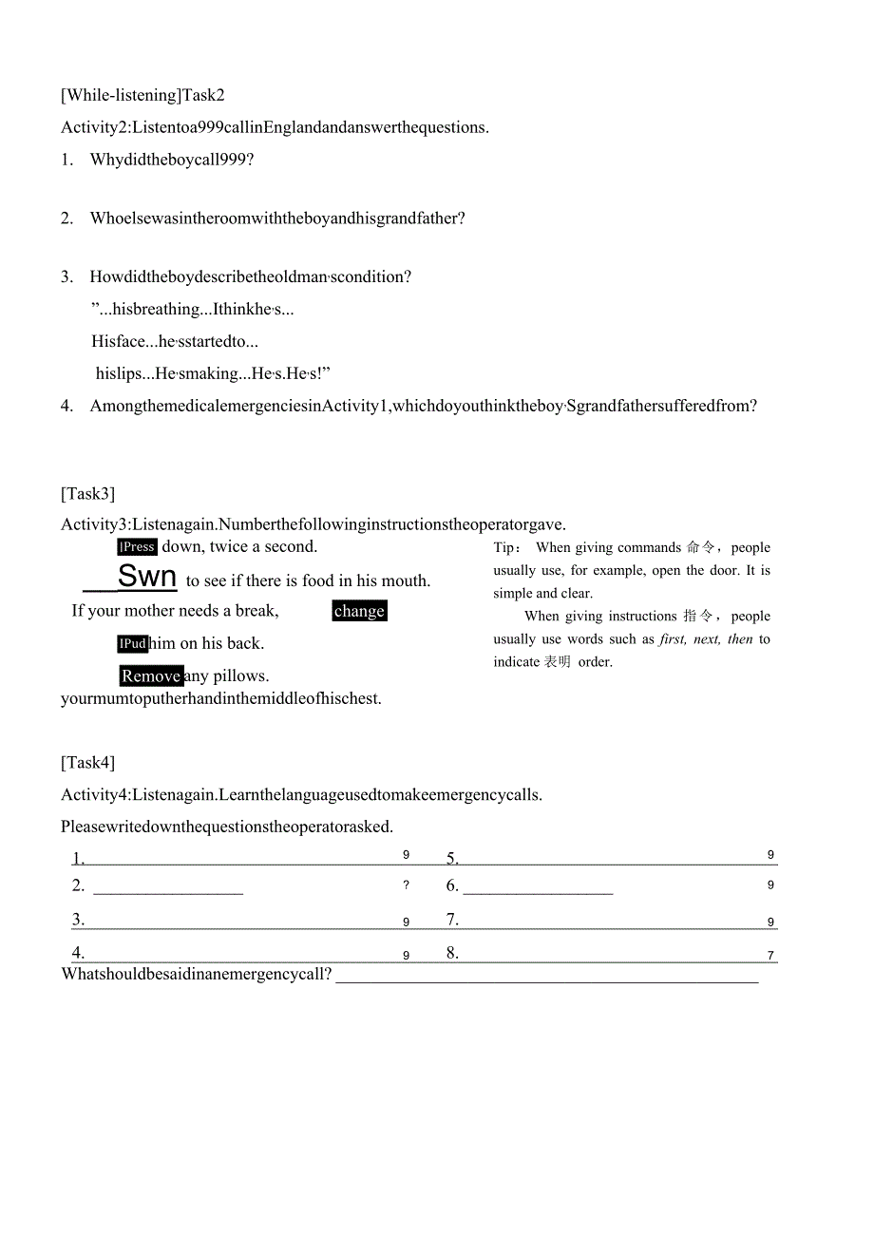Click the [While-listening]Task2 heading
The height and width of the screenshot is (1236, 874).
tap(142, 95)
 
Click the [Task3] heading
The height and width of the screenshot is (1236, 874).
tap(87, 493)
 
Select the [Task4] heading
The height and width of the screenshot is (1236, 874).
tap(87, 762)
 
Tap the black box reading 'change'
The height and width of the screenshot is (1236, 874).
tap(359, 611)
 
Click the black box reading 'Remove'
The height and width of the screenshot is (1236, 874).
tap(151, 676)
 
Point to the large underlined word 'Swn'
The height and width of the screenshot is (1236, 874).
tap(147, 576)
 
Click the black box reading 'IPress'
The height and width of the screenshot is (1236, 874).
tap(137, 546)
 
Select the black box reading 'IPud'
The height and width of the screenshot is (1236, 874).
tap(133, 643)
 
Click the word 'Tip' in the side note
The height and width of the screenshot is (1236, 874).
tap(503, 547)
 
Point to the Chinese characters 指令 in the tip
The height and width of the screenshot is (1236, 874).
tap(696, 616)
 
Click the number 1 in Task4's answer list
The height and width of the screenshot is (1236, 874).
tap(78, 859)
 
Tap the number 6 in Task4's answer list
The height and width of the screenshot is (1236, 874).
tap(452, 886)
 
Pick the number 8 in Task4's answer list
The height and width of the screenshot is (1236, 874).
tap(452, 953)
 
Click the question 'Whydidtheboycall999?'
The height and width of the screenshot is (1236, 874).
tap(172, 160)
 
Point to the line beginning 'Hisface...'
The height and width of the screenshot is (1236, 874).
tap(175, 341)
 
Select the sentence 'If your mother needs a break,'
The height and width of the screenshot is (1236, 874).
tap(176, 611)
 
